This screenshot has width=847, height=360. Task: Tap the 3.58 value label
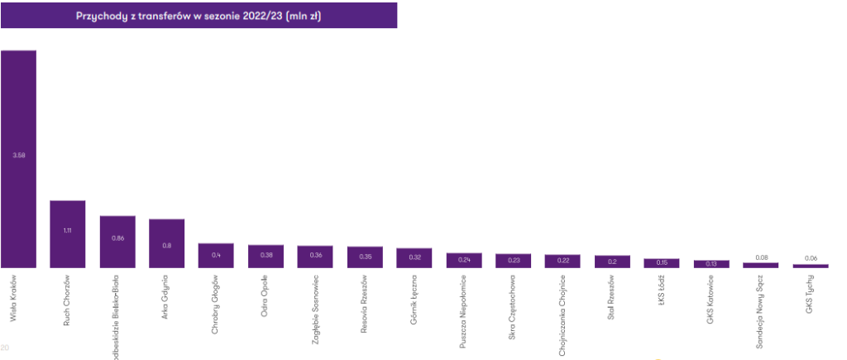point(18,155)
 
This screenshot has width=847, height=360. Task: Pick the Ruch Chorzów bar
point(68,234)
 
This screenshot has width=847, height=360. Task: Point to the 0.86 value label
point(117,238)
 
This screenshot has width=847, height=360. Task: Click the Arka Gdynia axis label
point(166,293)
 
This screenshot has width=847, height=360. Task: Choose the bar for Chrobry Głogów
point(216,256)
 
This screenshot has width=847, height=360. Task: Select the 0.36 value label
point(315,256)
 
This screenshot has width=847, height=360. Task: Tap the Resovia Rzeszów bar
point(365,257)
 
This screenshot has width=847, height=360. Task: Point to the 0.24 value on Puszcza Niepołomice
point(464,259)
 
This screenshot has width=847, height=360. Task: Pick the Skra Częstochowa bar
point(513,261)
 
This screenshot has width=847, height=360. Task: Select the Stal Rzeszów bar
point(612,262)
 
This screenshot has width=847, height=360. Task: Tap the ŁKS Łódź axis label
point(662,290)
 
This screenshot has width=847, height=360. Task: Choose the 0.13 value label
point(711,263)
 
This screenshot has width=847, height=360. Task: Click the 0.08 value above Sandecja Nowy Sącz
point(761,257)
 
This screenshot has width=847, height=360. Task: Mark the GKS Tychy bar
point(811,266)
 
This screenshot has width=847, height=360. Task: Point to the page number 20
point(5,347)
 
